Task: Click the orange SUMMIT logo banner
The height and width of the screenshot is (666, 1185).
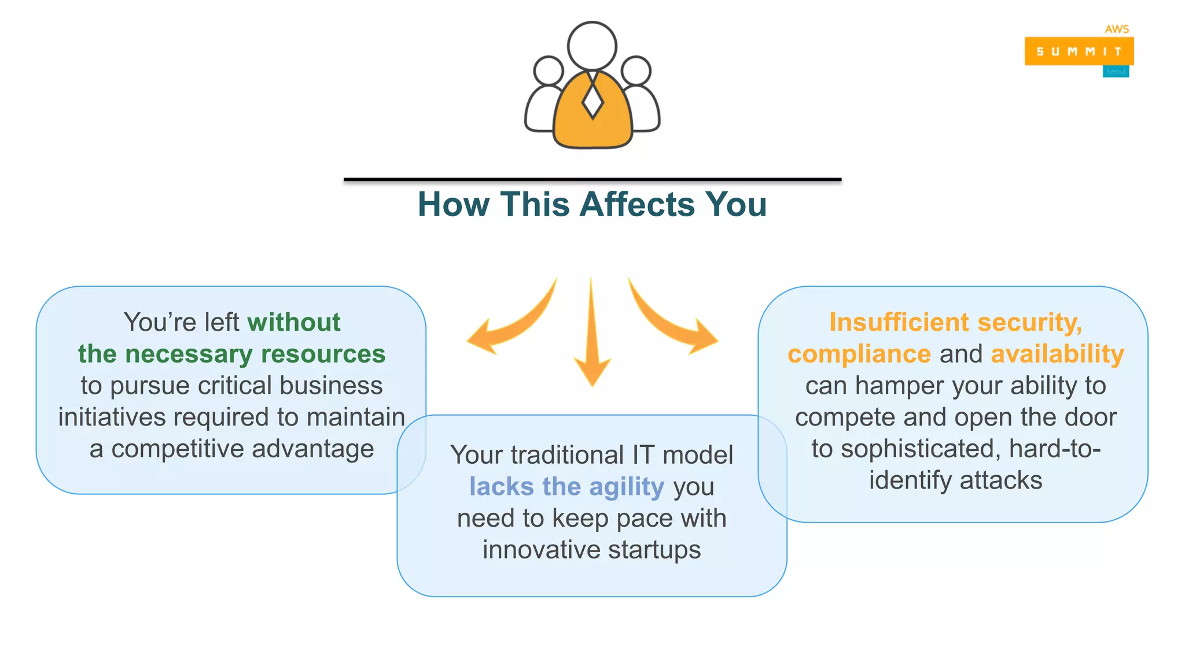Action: click(1079, 51)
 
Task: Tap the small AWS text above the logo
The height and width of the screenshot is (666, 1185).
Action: click(1116, 29)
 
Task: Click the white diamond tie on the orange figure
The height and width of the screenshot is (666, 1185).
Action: click(592, 101)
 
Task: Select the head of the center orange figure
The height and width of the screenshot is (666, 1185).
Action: click(592, 46)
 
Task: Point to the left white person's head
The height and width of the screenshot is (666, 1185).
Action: click(547, 71)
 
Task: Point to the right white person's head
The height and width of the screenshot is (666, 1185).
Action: click(636, 71)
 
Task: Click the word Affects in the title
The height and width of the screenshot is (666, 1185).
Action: click(636, 204)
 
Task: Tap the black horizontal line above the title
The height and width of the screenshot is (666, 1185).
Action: click(592, 180)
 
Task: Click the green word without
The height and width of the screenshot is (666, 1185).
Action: click(294, 323)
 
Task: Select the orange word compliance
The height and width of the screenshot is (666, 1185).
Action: click(859, 354)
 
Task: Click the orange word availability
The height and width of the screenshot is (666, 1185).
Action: click(1057, 354)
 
